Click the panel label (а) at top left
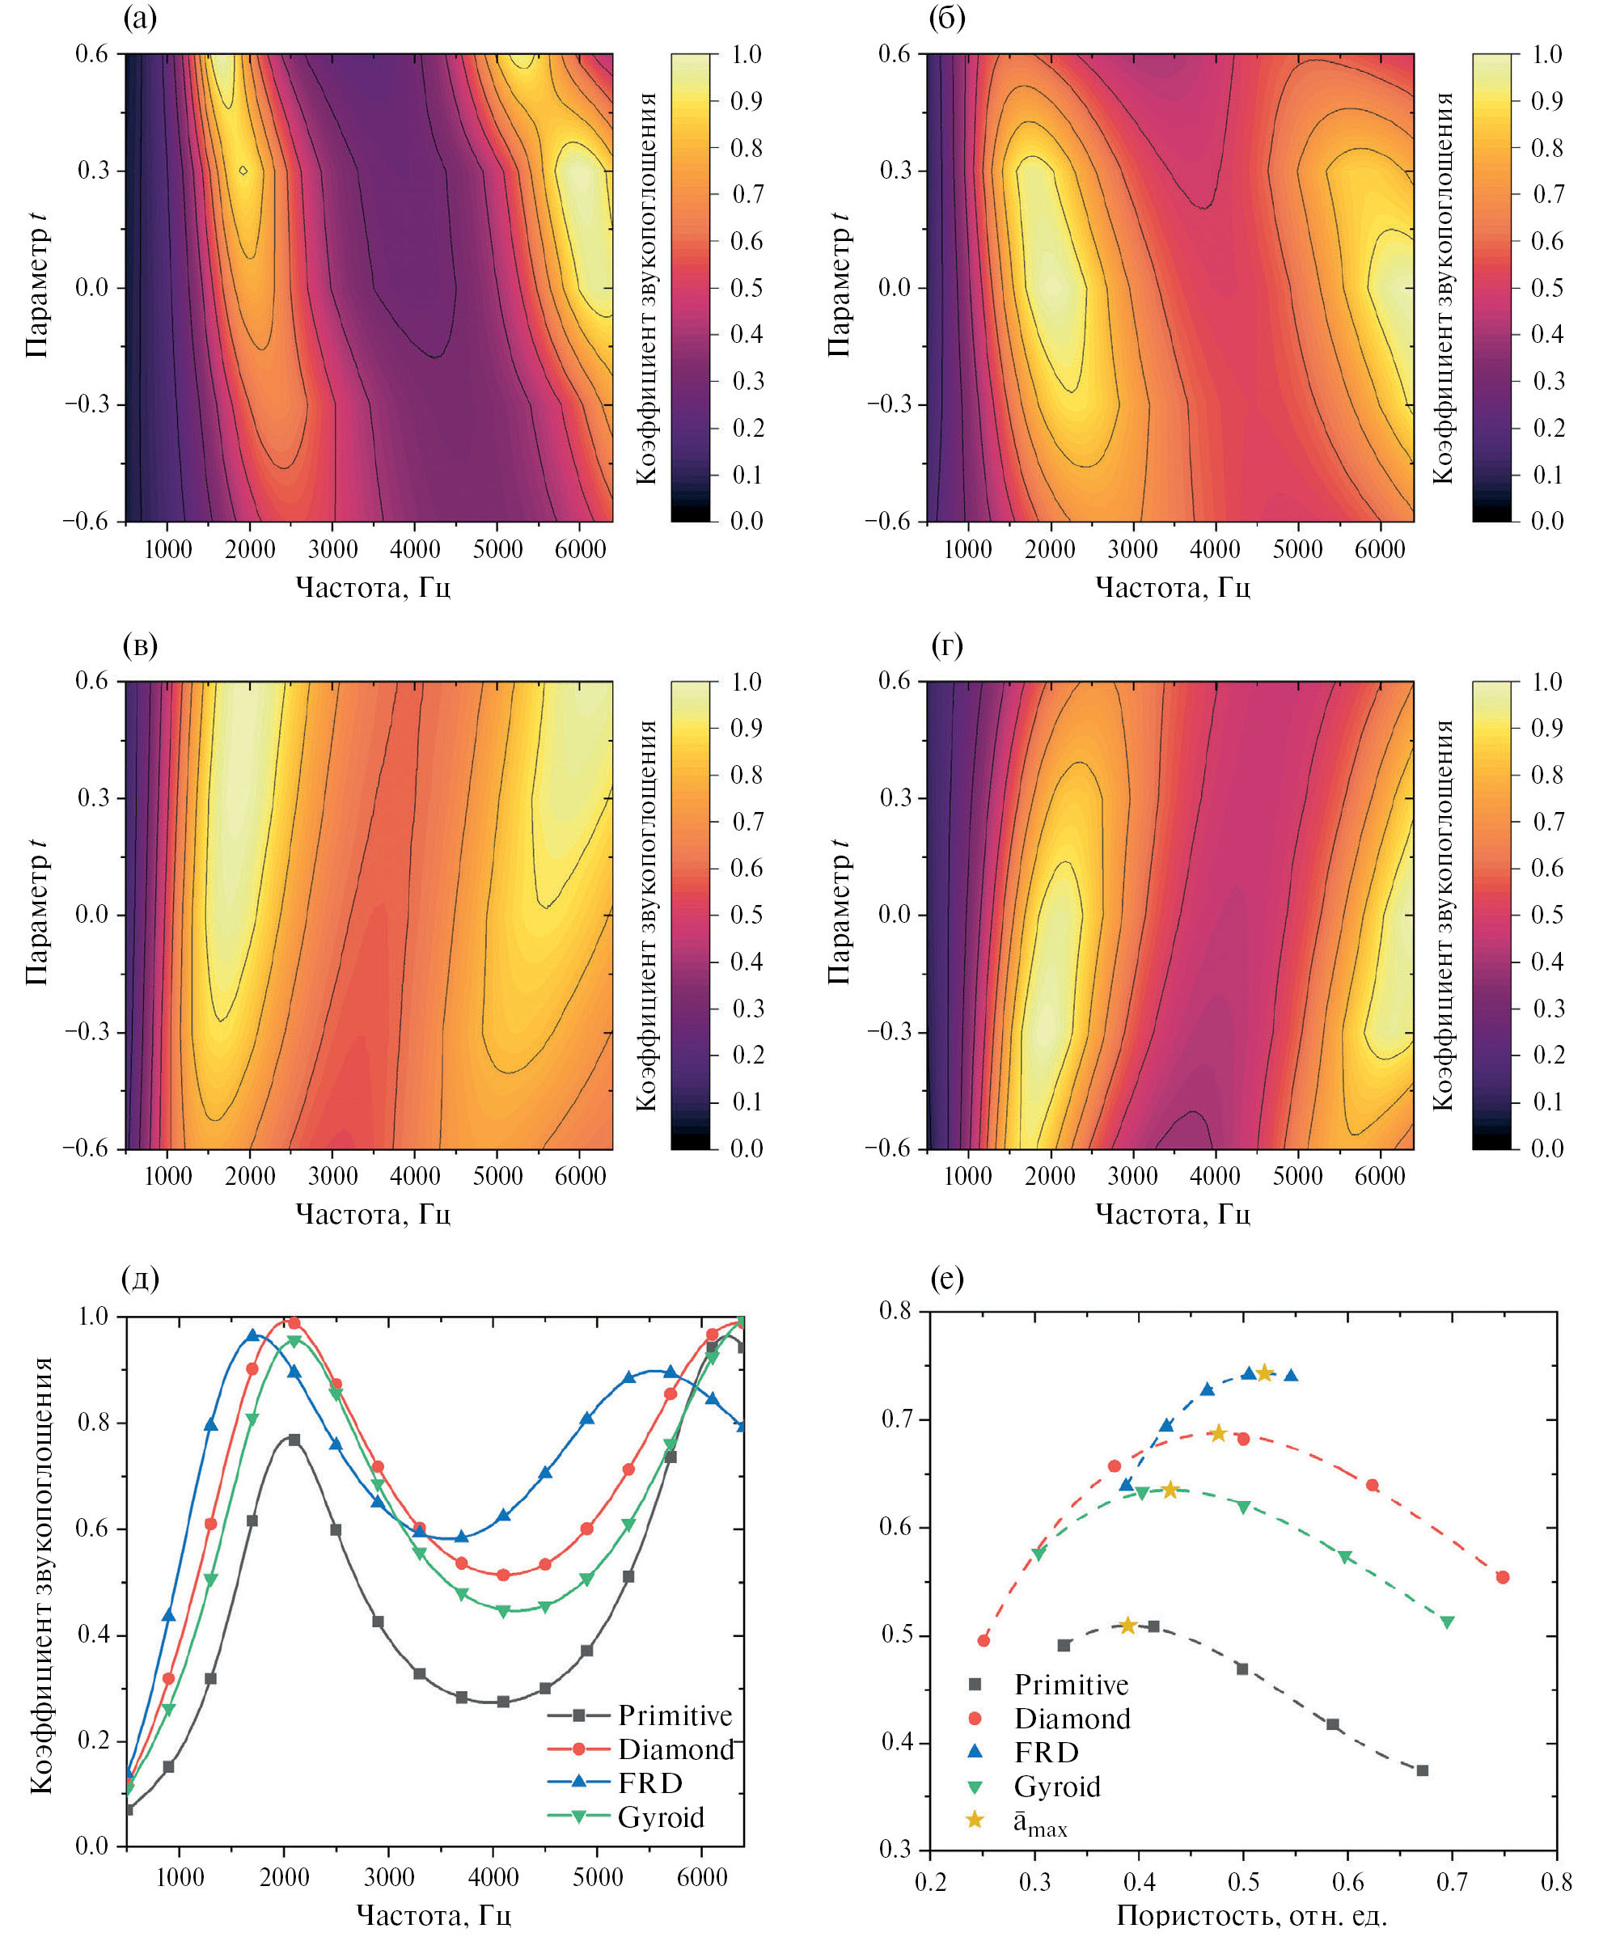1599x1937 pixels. [x=140, y=18]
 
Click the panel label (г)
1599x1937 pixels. [x=947, y=645]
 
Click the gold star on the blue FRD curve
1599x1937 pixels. [x=1265, y=1373]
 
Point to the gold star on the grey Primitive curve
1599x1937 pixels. [x=1127, y=1626]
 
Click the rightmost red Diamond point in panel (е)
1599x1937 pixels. [x=1504, y=1578]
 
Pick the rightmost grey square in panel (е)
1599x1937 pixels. [x=1422, y=1770]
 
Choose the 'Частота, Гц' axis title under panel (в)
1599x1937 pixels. [x=372, y=1214]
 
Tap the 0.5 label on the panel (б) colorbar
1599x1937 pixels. [x=1547, y=287]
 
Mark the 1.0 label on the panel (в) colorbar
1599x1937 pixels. [x=746, y=682]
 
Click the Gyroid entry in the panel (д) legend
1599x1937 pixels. [x=661, y=1817]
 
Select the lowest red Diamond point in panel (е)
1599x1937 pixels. [x=984, y=1640]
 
